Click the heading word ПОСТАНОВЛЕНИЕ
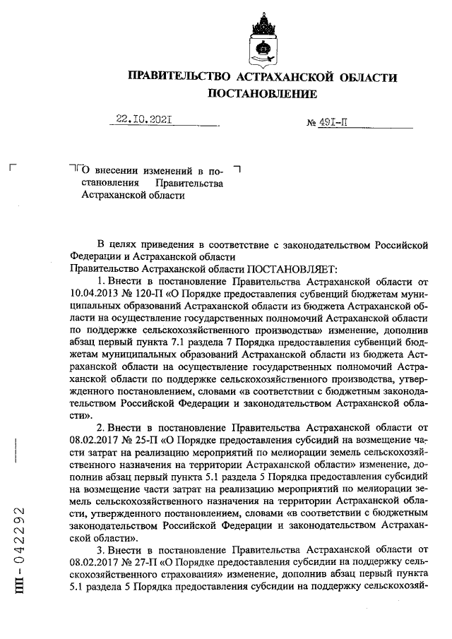tap(262, 92)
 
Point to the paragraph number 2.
tap(100, 427)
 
